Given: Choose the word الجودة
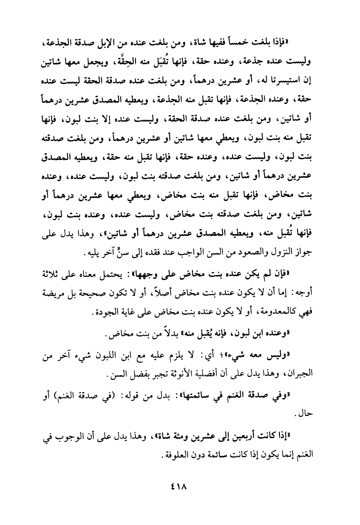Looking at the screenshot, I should pos(102,313).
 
